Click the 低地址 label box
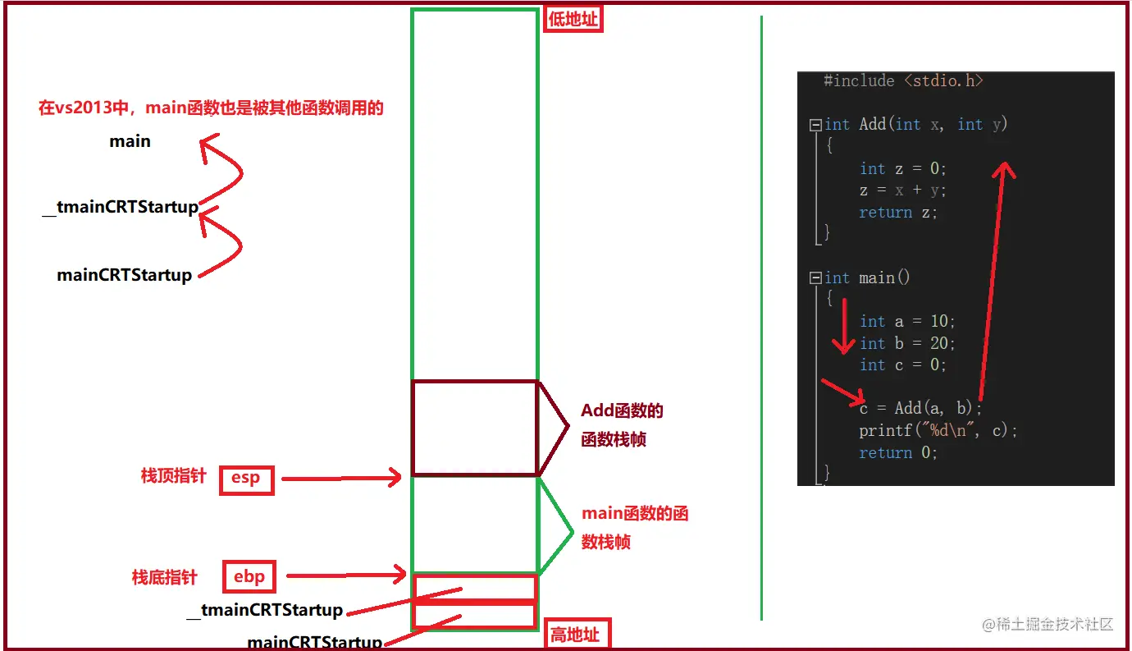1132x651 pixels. [573, 19]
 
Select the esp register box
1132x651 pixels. [246, 479]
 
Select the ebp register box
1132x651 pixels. [249, 576]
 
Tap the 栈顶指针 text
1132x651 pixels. [173, 476]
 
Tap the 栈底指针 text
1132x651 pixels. [164, 577]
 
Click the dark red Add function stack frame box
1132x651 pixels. [474, 428]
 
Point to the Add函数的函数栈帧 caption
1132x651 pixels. [622, 425]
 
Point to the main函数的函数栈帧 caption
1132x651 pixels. [634, 528]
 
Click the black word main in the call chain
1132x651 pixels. [130, 141]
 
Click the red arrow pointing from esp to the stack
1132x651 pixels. [340, 478]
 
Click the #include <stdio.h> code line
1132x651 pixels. [903, 80]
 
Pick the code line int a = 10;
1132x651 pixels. [907, 321]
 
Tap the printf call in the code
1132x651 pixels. [938, 430]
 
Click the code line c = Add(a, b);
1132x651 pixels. [920, 408]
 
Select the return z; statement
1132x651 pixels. [897, 212]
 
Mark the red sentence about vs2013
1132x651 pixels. [211, 108]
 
